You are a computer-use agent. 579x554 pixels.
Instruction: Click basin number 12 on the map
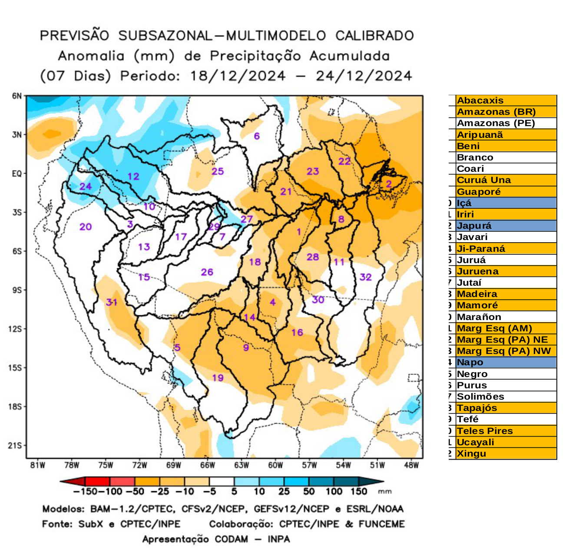(x=133, y=176)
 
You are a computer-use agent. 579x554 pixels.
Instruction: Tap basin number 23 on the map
(x=313, y=171)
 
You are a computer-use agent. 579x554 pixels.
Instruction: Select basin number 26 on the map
(x=207, y=272)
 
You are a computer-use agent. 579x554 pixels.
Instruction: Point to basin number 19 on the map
(x=218, y=377)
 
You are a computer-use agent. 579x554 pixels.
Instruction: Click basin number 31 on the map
(x=112, y=302)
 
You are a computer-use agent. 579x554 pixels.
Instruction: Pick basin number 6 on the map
(x=257, y=136)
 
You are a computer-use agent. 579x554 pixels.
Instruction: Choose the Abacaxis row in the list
(x=506, y=100)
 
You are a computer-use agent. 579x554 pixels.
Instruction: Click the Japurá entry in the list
(x=506, y=226)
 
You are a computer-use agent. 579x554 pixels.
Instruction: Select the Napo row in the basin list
(x=506, y=362)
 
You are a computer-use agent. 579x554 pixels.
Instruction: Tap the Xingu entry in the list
(x=506, y=454)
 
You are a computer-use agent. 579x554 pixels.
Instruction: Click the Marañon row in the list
(x=506, y=317)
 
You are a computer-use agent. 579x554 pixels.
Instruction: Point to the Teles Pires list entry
(x=506, y=431)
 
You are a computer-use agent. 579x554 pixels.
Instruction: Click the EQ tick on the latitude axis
(x=17, y=174)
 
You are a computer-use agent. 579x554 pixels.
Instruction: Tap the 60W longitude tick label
(x=275, y=465)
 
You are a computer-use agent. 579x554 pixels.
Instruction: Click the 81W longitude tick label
(x=38, y=465)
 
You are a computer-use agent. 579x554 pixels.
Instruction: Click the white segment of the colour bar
(x=222, y=481)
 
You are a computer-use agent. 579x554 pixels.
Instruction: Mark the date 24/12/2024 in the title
(x=364, y=76)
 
